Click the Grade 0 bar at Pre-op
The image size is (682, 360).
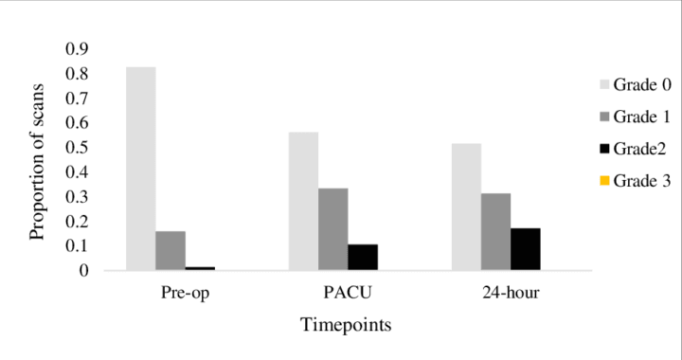tap(140, 169)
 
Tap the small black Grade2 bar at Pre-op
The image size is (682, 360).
tap(201, 268)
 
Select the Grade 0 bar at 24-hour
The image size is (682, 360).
tap(466, 207)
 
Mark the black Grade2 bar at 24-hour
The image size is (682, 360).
tap(526, 249)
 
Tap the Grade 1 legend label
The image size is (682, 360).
tap(640, 117)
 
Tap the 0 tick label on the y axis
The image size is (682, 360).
tap(82, 271)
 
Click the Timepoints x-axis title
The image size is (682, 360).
tap(346, 325)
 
